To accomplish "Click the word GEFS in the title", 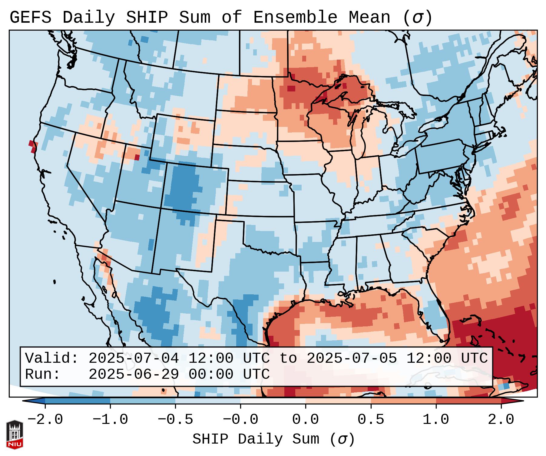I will click(x=30, y=18).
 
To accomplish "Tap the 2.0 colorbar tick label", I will click(x=501, y=420).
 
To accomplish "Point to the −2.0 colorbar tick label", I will click(x=45, y=420).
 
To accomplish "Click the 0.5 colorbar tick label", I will click(x=371, y=420).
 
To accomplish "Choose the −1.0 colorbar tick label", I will click(x=110, y=420).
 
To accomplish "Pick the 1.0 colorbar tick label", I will click(x=436, y=420).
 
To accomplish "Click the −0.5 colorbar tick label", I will click(x=175, y=420).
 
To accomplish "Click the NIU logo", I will click(x=15, y=434).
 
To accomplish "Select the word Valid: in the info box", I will click(x=52, y=358).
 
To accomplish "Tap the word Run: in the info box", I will click(x=43, y=374).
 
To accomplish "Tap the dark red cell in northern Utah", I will click(x=137, y=157).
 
